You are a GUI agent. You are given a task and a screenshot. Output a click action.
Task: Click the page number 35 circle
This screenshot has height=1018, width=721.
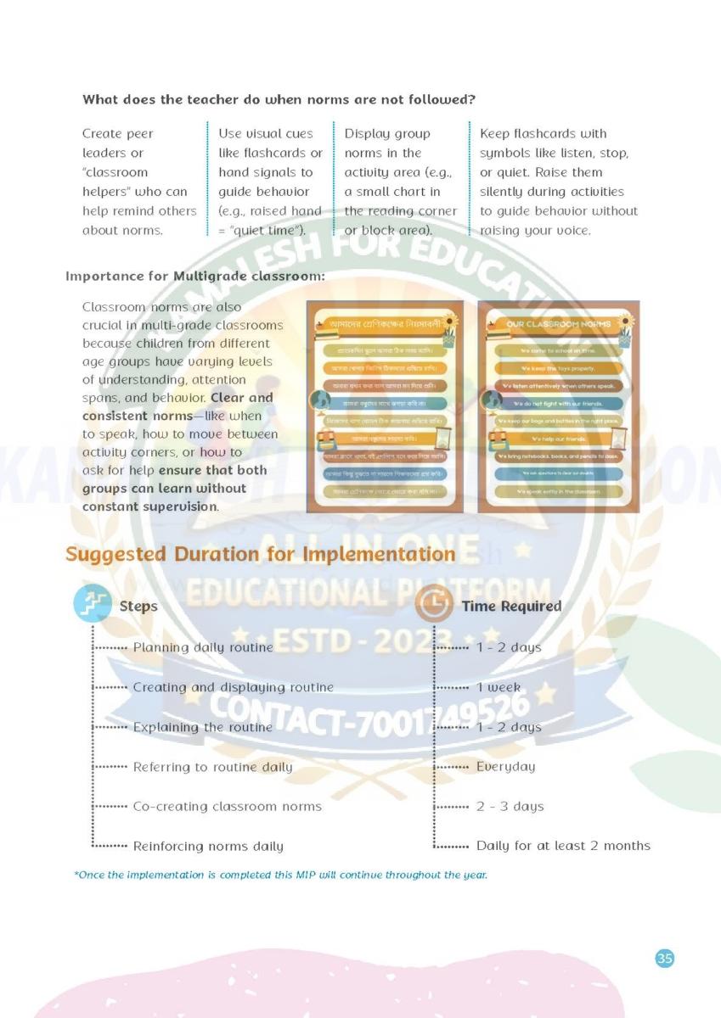[x=665, y=959]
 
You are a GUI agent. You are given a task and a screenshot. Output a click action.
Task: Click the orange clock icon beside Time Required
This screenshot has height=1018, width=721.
[x=436, y=605]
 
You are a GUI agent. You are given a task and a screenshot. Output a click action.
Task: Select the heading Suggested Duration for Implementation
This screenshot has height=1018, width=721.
[x=260, y=555]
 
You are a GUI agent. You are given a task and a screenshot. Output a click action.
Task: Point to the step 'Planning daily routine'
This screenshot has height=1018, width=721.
[x=203, y=647]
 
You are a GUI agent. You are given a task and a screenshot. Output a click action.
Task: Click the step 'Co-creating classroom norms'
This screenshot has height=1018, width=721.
[x=227, y=806]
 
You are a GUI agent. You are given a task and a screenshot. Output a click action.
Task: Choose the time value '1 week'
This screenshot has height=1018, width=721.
[x=499, y=687]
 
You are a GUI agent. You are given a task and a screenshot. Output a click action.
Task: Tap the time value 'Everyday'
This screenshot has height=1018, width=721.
[x=505, y=766]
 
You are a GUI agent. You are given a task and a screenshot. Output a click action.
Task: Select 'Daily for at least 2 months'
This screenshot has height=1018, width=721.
[x=563, y=846]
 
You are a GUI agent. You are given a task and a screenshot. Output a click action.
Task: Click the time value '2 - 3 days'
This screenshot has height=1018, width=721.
[x=510, y=806]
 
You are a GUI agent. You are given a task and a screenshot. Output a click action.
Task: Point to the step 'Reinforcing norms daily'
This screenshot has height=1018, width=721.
[x=208, y=846]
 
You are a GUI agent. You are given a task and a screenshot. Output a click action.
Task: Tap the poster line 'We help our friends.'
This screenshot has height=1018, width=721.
[x=559, y=439]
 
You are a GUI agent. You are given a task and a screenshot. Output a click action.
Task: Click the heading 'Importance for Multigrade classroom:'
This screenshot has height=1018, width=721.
[x=195, y=277]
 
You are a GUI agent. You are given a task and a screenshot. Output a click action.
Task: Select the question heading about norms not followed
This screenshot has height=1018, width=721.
[x=279, y=99]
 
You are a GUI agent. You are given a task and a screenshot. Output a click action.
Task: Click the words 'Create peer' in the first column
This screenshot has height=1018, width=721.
[x=118, y=133]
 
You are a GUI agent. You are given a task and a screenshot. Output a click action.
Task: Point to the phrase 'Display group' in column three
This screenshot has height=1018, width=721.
[x=387, y=133]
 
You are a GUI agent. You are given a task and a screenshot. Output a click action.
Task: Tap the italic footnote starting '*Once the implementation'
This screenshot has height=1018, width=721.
[x=281, y=875]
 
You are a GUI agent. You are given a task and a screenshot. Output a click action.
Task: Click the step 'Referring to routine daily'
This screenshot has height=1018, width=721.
[x=212, y=767]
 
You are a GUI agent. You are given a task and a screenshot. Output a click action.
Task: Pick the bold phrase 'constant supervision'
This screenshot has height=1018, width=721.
[x=149, y=506]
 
